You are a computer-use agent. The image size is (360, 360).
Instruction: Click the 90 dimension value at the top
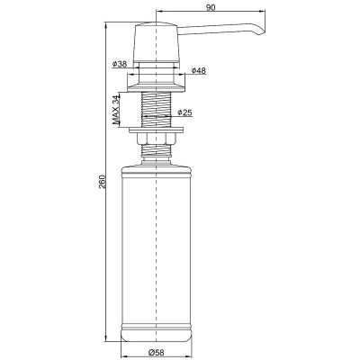coord(211,7)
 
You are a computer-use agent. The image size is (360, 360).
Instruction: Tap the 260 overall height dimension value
coord(103,182)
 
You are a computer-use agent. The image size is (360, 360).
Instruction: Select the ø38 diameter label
coord(120,64)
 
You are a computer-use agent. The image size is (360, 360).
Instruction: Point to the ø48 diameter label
coord(199,70)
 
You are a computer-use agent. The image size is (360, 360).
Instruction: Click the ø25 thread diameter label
coord(184,112)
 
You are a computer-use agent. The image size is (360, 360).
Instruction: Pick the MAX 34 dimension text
coord(116,110)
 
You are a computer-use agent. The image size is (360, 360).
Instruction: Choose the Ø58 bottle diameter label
coord(157,352)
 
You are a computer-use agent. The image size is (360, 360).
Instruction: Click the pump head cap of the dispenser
coord(157,42)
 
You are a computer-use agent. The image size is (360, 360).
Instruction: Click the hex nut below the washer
coord(156,139)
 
